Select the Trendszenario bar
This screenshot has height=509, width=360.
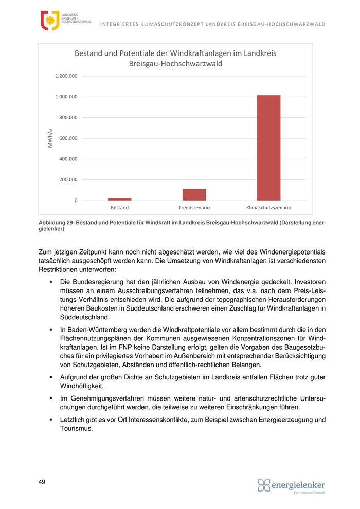pyautogui.click(x=194, y=195)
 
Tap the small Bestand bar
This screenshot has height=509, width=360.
pyautogui.click(x=119, y=199)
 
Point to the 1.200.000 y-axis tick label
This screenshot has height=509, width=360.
pyautogui.click(x=66, y=76)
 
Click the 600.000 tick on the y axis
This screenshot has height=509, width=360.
pyautogui.click(x=67, y=138)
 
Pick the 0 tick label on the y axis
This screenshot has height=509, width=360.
pyautogui.click(x=76, y=201)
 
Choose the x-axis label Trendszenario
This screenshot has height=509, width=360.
pyautogui.click(x=194, y=208)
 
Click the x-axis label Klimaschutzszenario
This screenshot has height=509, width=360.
pyautogui.click(x=268, y=208)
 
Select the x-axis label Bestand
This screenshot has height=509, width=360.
pyautogui.click(x=119, y=208)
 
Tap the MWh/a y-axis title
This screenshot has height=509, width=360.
pyautogui.click(x=50, y=138)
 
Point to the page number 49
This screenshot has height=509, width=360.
pyautogui.click(x=42, y=482)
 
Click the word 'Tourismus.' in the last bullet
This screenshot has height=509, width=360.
pyautogui.click(x=76, y=429)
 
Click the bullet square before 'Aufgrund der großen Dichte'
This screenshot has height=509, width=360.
pyautogui.click(x=51, y=377)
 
